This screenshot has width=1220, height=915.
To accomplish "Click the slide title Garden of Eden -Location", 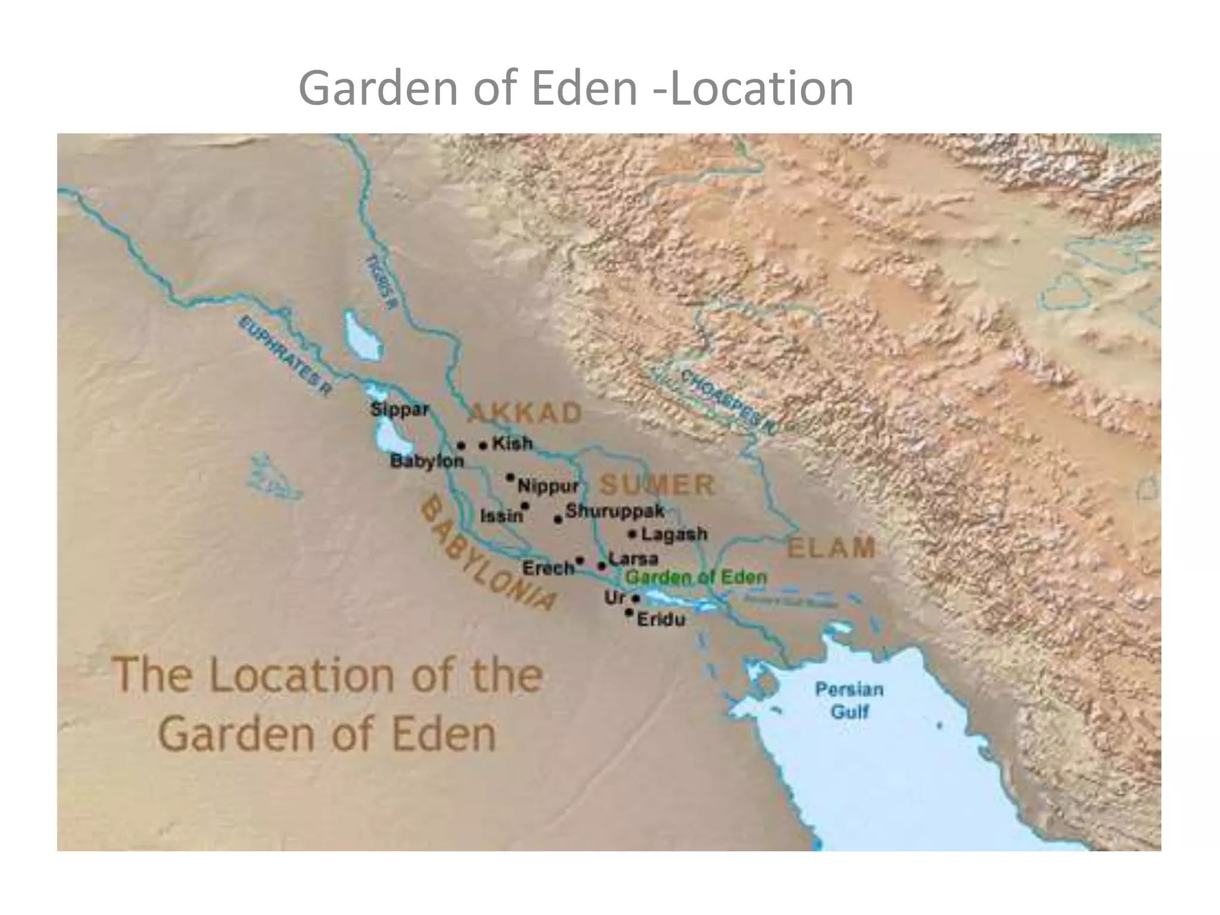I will tap(575, 88).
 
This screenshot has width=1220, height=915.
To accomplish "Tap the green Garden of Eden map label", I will tap(696, 577).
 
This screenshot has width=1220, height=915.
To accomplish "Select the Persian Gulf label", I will tap(849, 701).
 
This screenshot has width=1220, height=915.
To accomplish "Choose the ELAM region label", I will tap(831, 548).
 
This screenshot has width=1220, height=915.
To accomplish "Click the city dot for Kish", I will tap(483, 445).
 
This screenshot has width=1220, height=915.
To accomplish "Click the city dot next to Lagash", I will tap(633, 534).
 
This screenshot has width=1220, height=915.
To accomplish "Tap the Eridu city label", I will tap(661, 620).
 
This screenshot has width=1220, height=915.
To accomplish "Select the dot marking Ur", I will tap(636, 598).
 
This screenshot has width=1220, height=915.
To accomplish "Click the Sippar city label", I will tap(399, 410).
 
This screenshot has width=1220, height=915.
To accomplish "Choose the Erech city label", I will tap(547, 568).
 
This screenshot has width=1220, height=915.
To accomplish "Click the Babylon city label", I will tap(427, 461).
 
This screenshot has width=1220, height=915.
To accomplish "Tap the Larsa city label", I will tap(633, 559).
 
